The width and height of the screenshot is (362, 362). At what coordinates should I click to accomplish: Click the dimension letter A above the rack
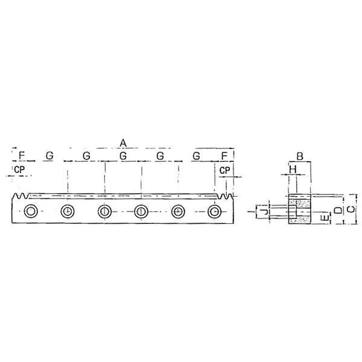click(x=123, y=142)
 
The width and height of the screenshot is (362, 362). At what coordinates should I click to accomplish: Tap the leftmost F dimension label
click(x=22, y=156)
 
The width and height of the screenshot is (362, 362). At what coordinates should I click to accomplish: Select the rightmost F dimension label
click(x=224, y=156)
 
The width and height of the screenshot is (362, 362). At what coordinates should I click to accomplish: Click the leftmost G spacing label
click(x=49, y=156)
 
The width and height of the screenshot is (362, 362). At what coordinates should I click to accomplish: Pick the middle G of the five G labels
click(x=123, y=156)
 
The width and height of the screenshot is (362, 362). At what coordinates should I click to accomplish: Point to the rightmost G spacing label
click(x=196, y=156)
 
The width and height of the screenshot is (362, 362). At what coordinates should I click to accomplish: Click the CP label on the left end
click(x=19, y=171)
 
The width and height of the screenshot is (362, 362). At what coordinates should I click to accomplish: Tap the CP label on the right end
click(x=224, y=171)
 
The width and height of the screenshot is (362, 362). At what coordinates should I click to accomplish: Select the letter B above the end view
click(x=299, y=156)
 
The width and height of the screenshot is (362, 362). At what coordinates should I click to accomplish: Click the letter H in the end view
click(x=293, y=171)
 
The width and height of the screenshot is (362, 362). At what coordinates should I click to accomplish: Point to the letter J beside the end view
click(x=264, y=211)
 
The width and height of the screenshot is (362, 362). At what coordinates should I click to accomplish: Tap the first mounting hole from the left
click(x=31, y=211)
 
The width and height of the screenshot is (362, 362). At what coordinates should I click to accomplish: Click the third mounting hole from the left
click(x=104, y=211)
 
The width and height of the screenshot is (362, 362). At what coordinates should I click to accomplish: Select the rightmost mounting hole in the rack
click(x=214, y=211)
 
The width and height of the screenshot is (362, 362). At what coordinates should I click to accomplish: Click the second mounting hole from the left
click(x=68, y=211)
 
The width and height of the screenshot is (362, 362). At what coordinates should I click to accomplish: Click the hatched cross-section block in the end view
click(x=299, y=209)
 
